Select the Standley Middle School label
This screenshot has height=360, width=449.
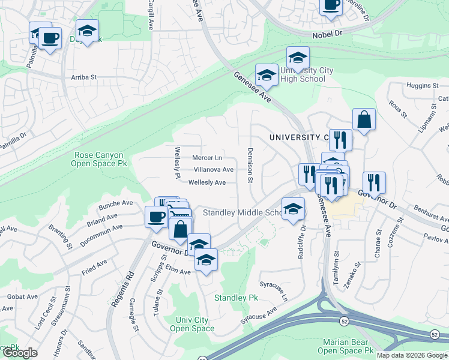[x=243, y=212]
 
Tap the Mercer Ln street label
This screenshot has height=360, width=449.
[x=207, y=158]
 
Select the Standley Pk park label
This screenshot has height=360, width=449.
[x=236, y=298]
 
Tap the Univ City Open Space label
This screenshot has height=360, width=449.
[x=192, y=324]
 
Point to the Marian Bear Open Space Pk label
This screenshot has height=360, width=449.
[x=345, y=346]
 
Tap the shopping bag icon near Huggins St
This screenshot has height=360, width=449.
[x=364, y=119]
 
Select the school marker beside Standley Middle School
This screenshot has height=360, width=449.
[x=292, y=209]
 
